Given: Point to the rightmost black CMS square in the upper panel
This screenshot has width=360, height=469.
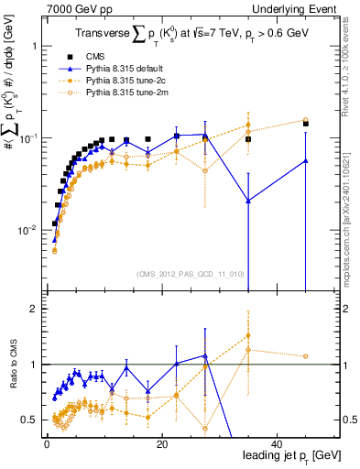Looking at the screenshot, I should tap(306, 123).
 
